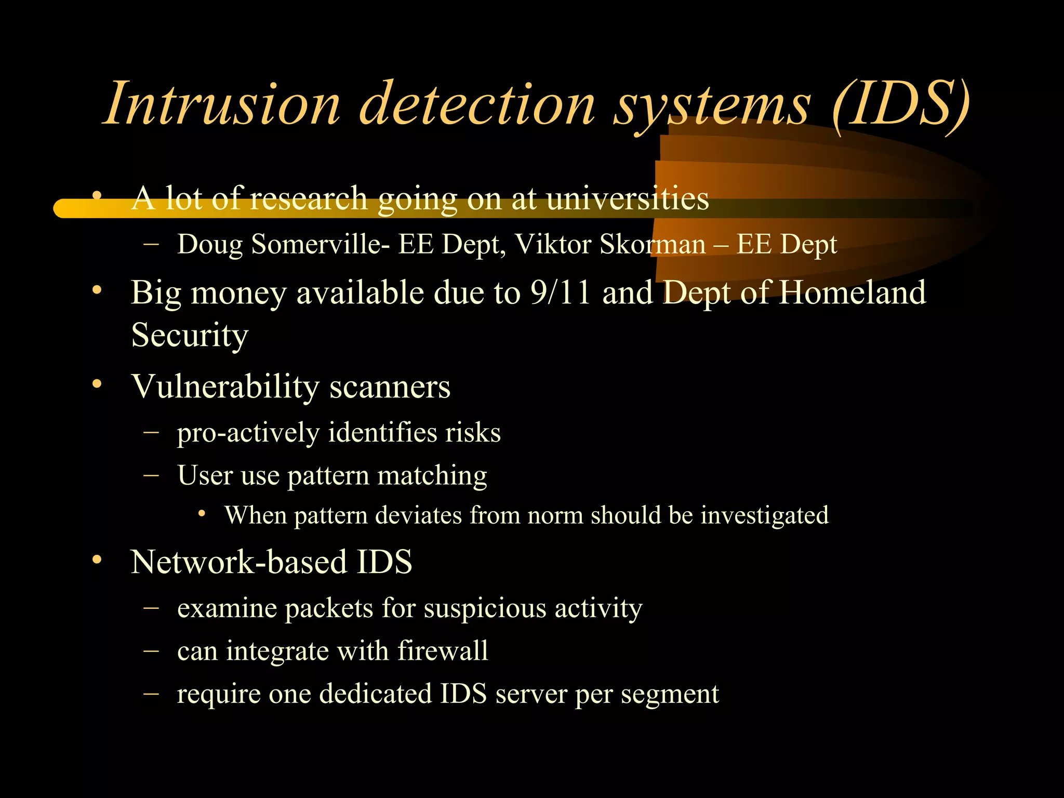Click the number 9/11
click(x=561, y=292)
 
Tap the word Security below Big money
click(x=190, y=335)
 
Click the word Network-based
click(x=238, y=562)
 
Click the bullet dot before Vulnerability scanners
click(x=97, y=385)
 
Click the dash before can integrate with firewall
click(x=151, y=650)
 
